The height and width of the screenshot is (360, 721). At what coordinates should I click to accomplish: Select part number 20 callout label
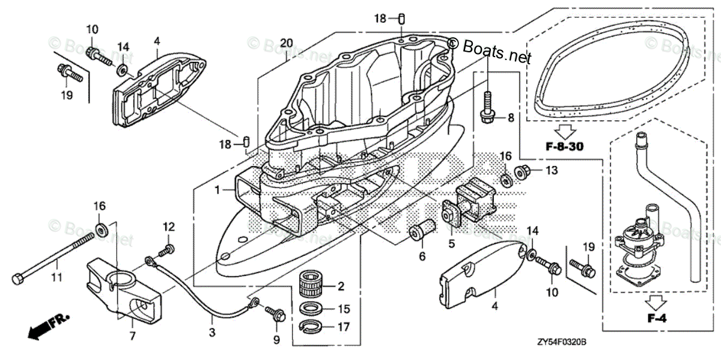click(x=287, y=43)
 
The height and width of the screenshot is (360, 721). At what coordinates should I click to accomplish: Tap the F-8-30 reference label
click(x=565, y=146)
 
